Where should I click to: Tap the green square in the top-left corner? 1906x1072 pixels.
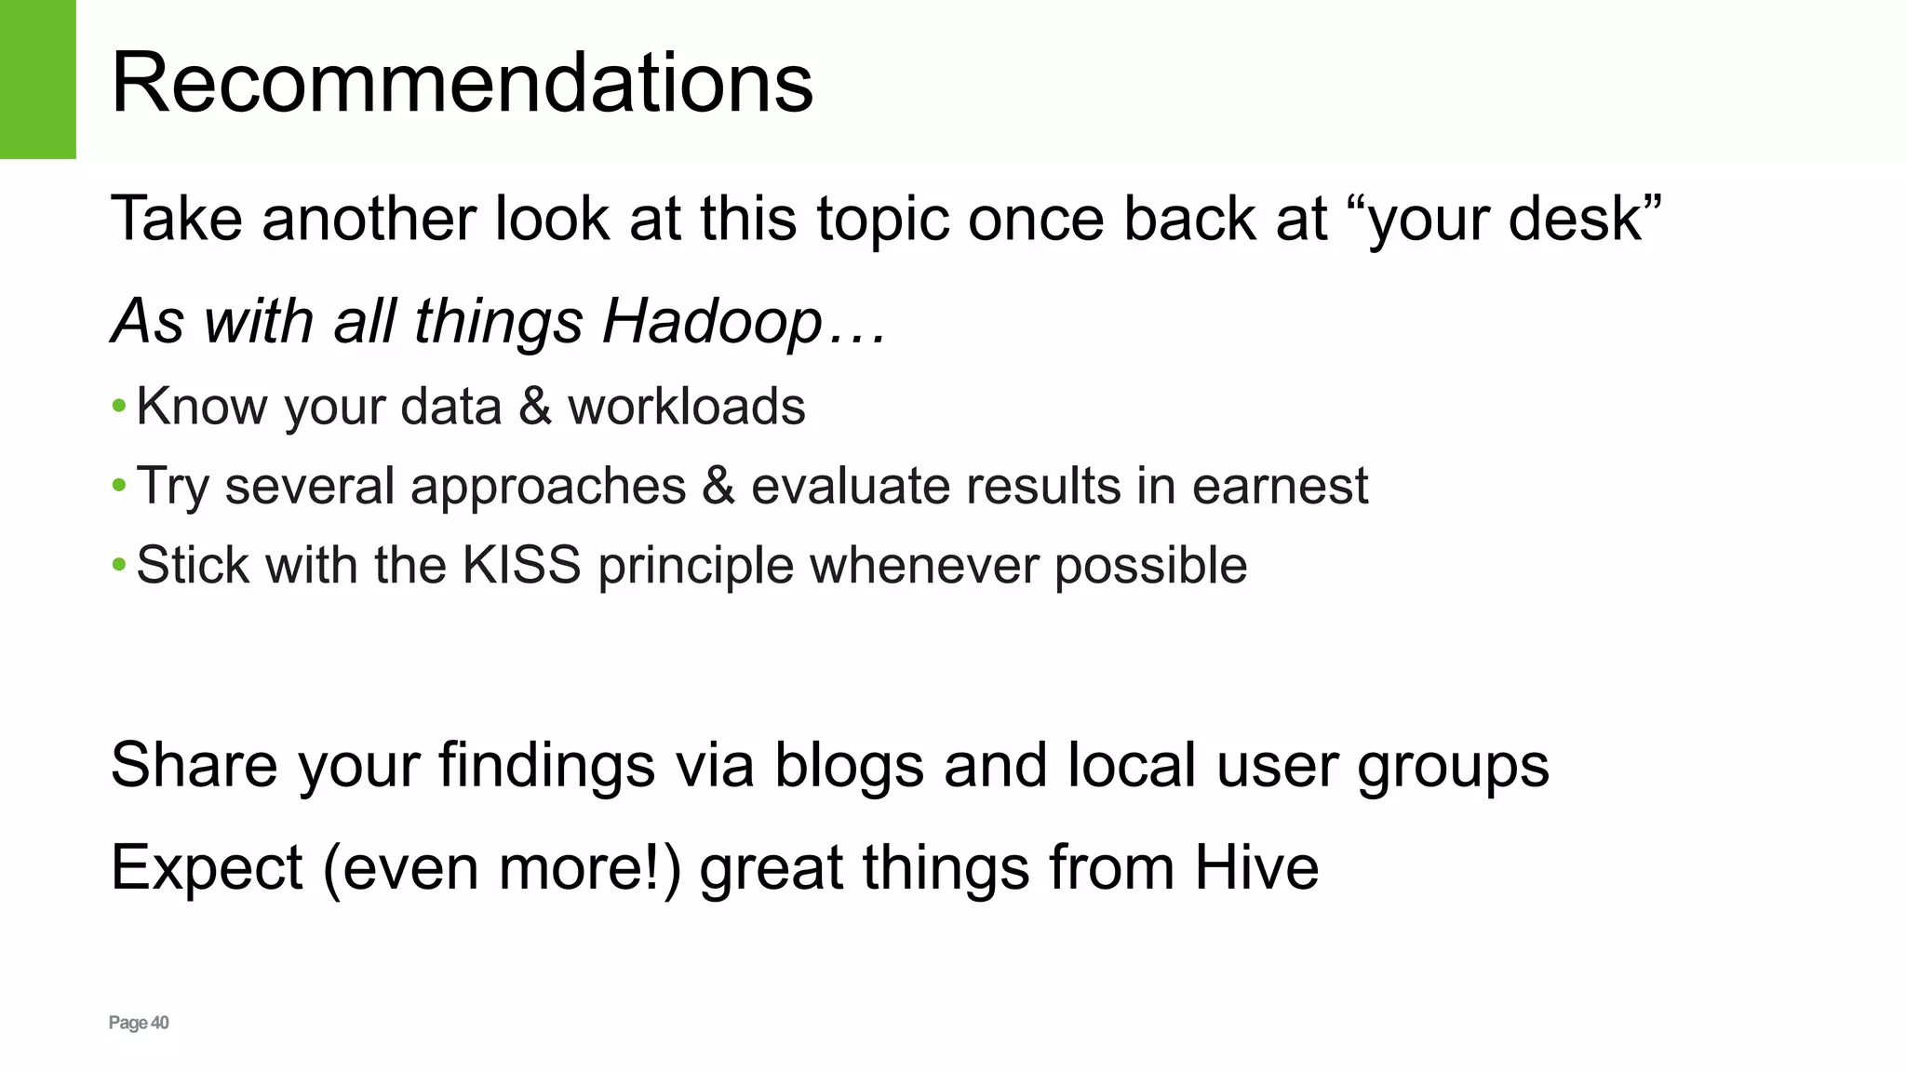click(x=37, y=79)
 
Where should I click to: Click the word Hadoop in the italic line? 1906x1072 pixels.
click(x=713, y=321)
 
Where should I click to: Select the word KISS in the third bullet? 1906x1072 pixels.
click(x=521, y=565)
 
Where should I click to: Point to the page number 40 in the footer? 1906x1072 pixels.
click(x=160, y=1023)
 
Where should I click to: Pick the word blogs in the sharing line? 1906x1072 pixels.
click(x=849, y=765)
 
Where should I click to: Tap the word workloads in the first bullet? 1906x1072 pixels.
click(x=687, y=407)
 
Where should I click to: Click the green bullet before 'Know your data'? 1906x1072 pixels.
click(x=118, y=406)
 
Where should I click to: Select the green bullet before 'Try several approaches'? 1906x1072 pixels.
click(x=118, y=485)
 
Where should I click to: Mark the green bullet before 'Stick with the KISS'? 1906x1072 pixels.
click(x=118, y=564)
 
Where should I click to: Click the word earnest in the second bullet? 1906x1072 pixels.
click(x=1280, y=486)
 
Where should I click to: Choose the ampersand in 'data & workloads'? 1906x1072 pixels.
click(x=535, y=407)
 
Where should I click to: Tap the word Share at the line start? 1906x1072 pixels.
click(x=194, y=765)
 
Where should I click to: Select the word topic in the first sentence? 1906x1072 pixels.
click(x=883, y=219)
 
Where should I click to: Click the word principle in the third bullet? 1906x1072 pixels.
click(x=695, y=565)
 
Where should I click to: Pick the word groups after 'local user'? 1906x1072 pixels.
click(x=1453, y=765)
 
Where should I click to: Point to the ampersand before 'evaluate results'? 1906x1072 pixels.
click(x=718, y=486)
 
